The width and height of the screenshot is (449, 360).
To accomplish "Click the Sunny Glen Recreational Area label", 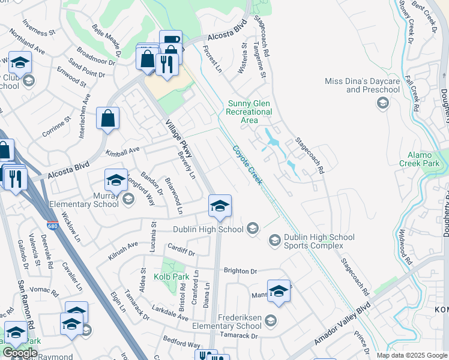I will coord(250,112).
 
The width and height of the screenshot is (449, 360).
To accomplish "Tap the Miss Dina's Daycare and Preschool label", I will coord(362,85).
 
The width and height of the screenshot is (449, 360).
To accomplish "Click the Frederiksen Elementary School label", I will coord(234,324).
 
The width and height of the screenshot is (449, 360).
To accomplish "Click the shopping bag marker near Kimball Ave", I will coord(108,119).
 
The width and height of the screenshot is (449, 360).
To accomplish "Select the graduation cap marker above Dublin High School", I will coord(220,207).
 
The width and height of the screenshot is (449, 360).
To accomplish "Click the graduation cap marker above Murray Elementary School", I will coord(116,179).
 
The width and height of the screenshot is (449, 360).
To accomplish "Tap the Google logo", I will coord(20,353).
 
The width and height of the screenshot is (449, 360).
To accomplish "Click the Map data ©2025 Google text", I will coord(412,355).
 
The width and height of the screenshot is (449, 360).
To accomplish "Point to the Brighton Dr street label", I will coord(240,271).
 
